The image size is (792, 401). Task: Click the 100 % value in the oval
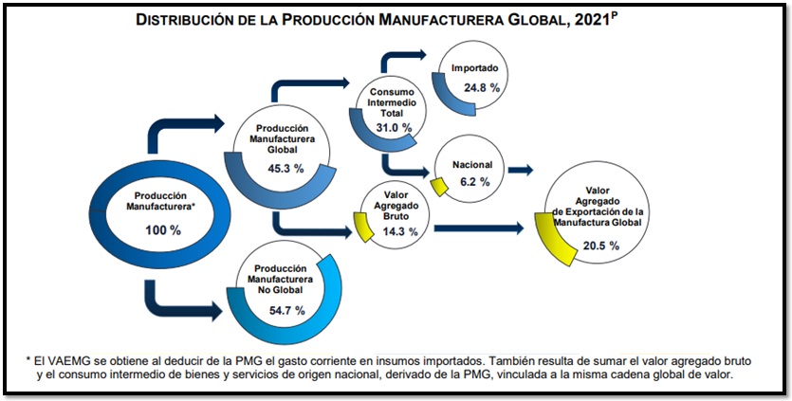[160, 230]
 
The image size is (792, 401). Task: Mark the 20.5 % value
[600, 245]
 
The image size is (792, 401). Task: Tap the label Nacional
[471, 163]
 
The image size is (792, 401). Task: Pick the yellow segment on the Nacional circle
[439, 183]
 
